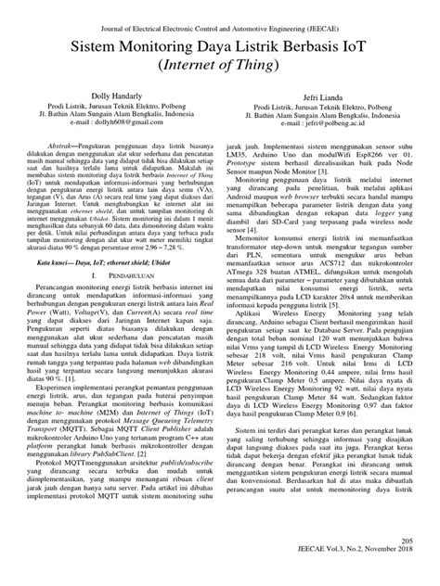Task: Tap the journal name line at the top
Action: coord(219,30)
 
